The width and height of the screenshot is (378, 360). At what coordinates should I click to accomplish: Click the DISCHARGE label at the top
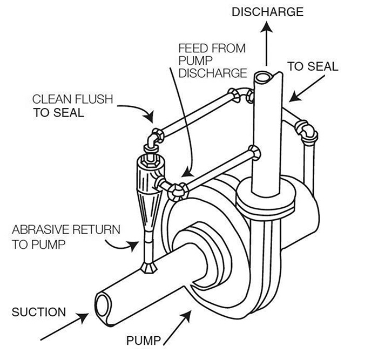(268, 12)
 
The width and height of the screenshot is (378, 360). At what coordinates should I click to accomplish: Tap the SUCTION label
(39, 312)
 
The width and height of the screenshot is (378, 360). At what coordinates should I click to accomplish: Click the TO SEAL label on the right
(312, 67)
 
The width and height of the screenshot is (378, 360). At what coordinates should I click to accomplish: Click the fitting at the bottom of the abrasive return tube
(146, 267)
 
